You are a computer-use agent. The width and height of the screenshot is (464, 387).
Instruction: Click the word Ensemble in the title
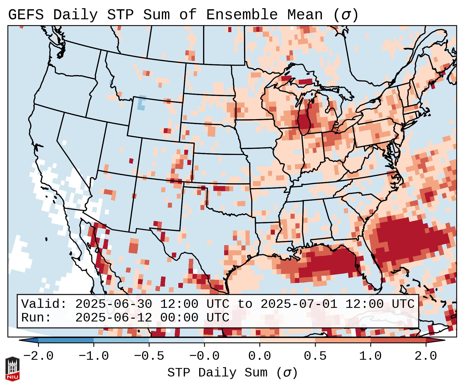point(242,15)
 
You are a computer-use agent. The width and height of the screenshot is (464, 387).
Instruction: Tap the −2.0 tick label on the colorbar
point(38,356)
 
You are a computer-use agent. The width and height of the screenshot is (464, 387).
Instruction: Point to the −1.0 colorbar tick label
point(93,356)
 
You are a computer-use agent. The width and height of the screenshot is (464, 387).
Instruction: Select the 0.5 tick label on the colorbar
point(315,356)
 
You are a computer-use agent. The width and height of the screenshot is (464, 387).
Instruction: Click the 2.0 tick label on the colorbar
point(426,356)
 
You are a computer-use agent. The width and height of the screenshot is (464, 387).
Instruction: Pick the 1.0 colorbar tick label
point(371,356)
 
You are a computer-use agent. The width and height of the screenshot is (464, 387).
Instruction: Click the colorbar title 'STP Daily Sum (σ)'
point(232,373)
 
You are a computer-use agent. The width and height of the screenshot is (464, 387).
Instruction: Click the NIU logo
point(12,369)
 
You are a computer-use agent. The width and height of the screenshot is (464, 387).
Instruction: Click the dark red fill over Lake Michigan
point(304,121)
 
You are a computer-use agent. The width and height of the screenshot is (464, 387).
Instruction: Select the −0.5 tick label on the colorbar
point(149,356)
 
